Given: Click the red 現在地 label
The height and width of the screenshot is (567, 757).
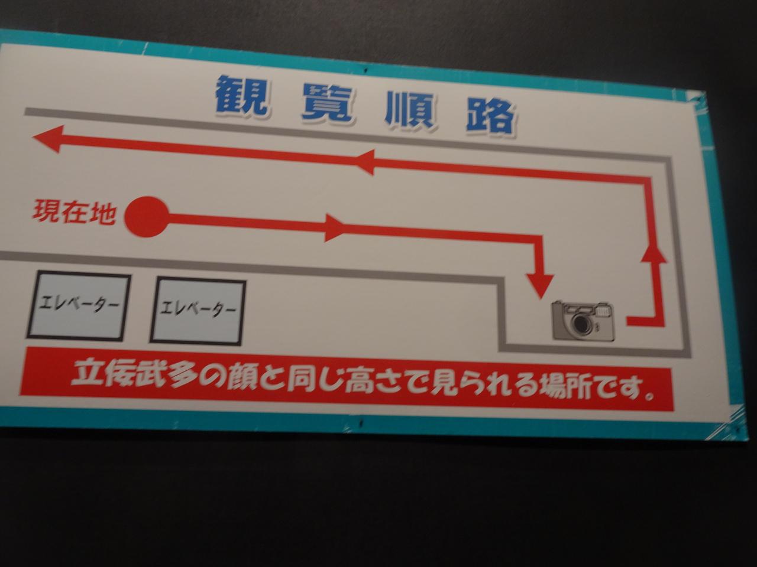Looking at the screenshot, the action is coord(73,212).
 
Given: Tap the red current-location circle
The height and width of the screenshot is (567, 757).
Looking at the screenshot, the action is coord(147,217).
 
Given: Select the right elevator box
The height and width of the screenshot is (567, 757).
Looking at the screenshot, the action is coord(198,311).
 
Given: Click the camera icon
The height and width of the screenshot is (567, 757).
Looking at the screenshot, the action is coord(584,321).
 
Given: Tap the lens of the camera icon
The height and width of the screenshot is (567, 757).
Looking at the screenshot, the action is coord(581,324).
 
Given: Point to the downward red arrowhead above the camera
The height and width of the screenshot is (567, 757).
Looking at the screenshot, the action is coord(540,285).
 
